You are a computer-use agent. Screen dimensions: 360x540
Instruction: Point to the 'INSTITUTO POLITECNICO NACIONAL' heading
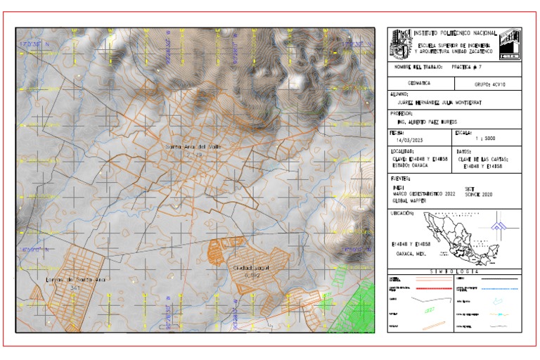[455, 33]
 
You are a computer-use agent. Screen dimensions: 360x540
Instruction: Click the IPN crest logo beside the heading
[401, 42]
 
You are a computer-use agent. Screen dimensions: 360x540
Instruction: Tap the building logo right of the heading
[510, 44]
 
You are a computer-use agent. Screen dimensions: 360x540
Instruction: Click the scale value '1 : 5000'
[485, 139]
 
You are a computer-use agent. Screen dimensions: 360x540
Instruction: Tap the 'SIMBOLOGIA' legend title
[454, 271]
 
